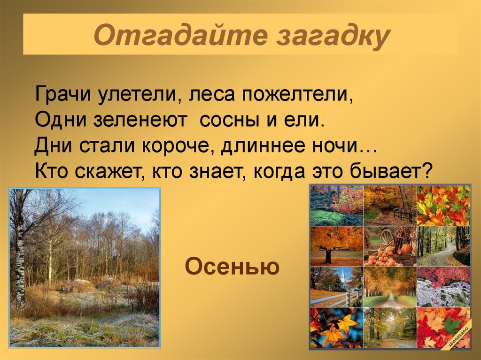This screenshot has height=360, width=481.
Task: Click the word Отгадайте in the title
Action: click(178, 37)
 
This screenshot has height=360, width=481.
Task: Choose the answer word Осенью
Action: click(233, 267)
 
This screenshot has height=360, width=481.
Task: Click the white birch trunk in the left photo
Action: click(20, 263)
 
